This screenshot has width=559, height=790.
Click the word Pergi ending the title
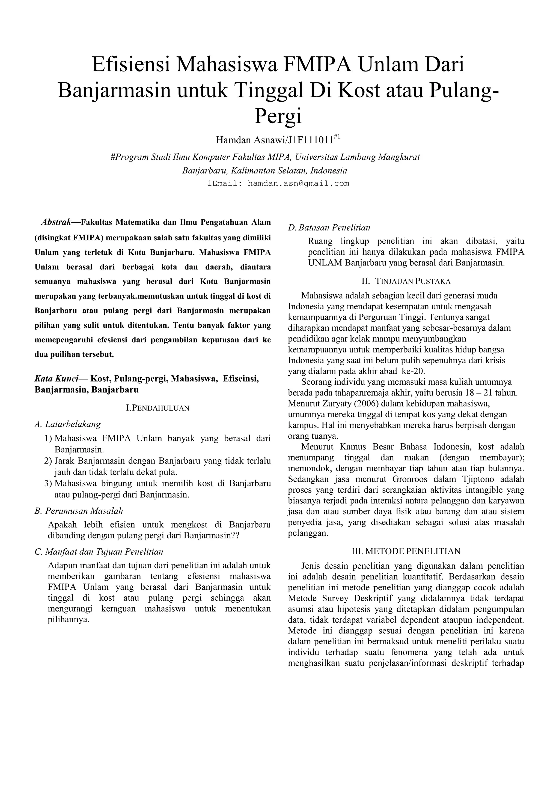pos(278,116)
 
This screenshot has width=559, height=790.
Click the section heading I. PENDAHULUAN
pos(158,408)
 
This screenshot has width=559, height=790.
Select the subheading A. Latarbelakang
pos(68,424)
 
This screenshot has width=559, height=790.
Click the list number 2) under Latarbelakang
pos(48,461)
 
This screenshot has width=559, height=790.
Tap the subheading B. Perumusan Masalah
pos(79,511)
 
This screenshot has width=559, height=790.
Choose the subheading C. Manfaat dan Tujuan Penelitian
pos(99,552)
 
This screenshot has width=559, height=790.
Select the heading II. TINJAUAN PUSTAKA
pos(406,282)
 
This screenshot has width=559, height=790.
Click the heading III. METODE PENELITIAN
pos(406,552)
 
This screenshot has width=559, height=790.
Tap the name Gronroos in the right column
pos(407,479)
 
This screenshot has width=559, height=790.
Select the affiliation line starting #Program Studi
pos(265,157)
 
